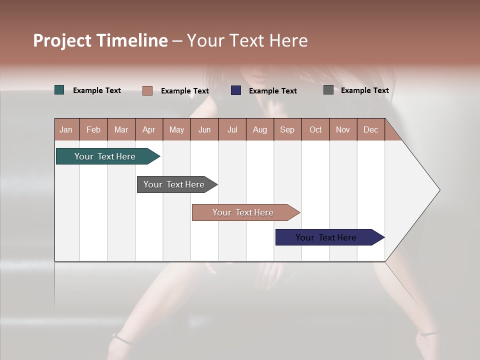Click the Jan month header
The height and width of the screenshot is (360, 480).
[x=66, y=129]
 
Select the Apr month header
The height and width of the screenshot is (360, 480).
[x=148, y=129]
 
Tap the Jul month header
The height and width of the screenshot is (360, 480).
[x=232, y=129]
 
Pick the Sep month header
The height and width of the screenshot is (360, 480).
[x=287, y=129]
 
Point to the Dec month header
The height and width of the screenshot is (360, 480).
[x=370, y=129]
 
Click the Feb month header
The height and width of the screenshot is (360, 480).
[x=93, y=129]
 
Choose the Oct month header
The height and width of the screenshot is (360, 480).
[x=315, y=129]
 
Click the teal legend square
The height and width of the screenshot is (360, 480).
[x=59, y=90]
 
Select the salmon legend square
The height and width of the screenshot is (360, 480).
[x=147, y=90]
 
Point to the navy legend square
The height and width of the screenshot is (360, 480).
[x=236, y=90]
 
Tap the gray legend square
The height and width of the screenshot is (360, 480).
[x=328, y=90]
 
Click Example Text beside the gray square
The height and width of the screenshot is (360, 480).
[x=364, y=90]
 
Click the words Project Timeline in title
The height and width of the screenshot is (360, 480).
[x=100, y=40]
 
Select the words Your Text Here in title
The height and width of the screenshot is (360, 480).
[x=247, y=40]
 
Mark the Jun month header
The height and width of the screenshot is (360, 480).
[x=204, y=129]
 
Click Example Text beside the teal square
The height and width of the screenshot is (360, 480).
[x=97, y=90]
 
